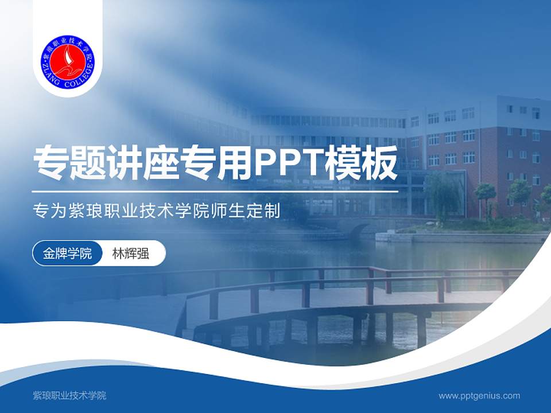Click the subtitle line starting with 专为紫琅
tap(157, 212)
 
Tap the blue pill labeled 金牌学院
tap(67, 253)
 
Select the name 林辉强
tap(131, 253)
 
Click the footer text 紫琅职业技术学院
tap(69, 395)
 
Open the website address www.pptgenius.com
tap(479, 395)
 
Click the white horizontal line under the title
tap(215, 191)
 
